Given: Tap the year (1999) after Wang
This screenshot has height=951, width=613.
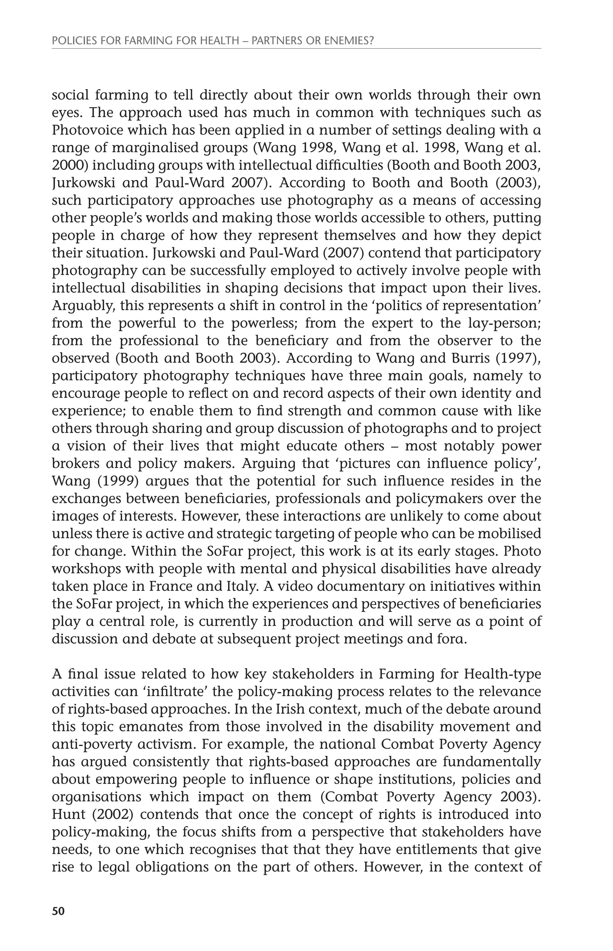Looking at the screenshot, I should pyautogui.click(x=117, y=481).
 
